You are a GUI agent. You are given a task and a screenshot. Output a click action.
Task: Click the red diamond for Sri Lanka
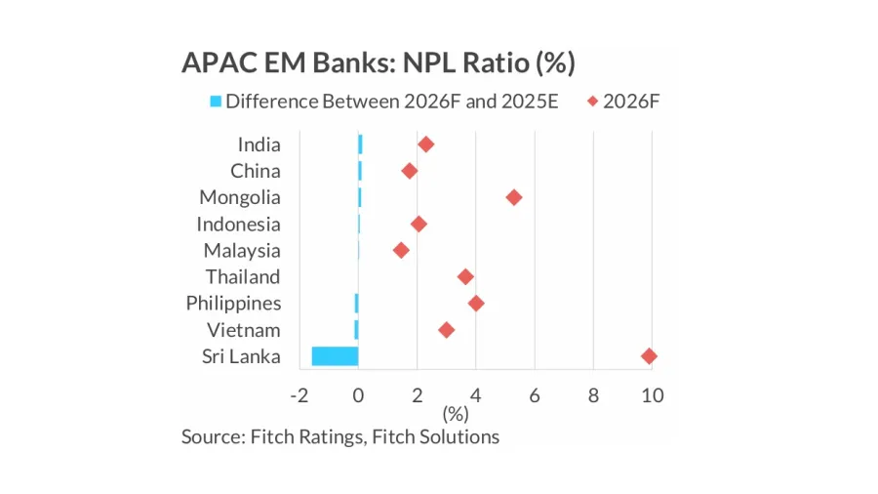coord(649,356)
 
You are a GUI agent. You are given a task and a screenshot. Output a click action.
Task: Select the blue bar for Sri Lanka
coord(335,356)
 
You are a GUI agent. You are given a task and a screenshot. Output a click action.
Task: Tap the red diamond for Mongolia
coord(514,197)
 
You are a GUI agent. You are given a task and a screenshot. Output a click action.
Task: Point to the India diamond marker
coord(425,144)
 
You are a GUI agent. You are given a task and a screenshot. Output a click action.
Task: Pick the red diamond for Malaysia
coord(401,251)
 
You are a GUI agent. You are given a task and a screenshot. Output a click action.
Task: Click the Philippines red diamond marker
coord(476,304)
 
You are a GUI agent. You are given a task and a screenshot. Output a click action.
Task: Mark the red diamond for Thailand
coord(465,277)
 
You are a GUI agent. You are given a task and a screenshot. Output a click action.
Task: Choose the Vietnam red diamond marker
coord(447,330)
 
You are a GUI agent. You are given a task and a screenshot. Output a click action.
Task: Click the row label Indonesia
coord(238,225)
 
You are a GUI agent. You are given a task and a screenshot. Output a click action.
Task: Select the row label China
coord(255,172)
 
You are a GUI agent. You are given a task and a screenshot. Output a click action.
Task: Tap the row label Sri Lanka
coord(241,356)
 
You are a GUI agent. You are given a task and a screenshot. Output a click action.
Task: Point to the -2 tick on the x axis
coord(299,395)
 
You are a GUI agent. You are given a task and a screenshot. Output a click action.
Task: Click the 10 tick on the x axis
coord(652,395)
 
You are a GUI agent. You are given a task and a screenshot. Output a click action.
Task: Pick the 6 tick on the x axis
coord(535,395)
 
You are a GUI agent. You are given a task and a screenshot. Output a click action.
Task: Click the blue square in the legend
coord(216,102)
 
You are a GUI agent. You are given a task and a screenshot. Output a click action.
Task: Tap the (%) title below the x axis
coord(456,414)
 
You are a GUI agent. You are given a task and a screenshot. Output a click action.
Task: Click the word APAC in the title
coord(213,63)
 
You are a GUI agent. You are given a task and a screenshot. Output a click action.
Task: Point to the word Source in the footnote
coord(212,436)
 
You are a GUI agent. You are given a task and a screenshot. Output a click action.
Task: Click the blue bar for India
coord(360,144)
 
